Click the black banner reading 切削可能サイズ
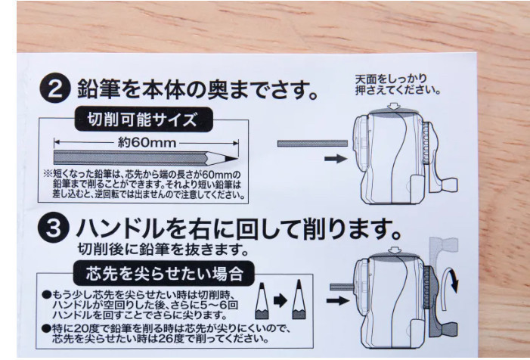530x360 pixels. tap(143, 119)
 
